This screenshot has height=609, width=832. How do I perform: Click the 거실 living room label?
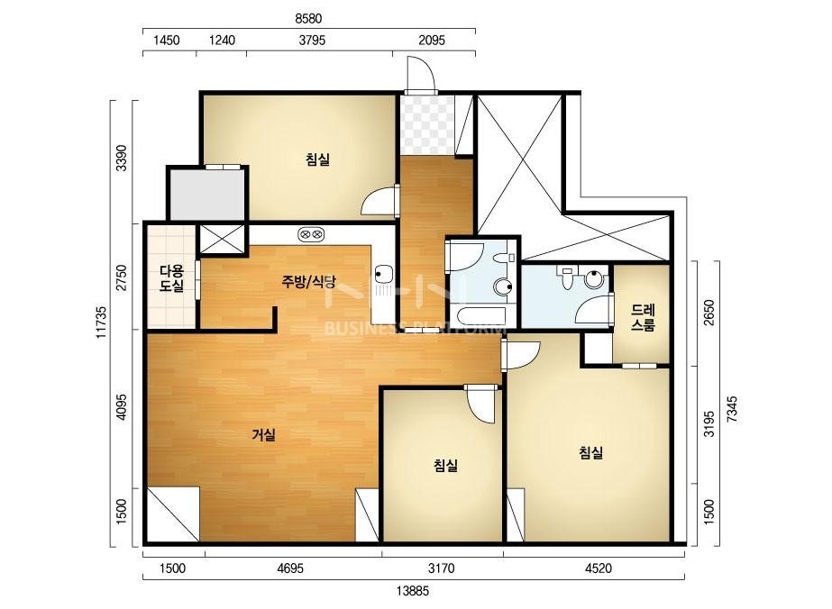tap(264, 435)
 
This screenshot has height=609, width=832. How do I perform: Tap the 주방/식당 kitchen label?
tap(308, 281)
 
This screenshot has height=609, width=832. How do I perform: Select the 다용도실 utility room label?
tap(172, 279)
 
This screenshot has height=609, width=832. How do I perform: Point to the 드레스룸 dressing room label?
tap(643, 317)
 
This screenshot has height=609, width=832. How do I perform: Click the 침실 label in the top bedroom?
tap(318, 159)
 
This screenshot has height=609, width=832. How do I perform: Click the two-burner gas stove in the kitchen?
tap(311, 233)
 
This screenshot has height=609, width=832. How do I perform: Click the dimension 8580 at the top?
tap(308, 19)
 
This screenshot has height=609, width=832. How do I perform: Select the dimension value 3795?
tap(312, 41)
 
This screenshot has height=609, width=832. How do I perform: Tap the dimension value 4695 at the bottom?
tap(290, 568)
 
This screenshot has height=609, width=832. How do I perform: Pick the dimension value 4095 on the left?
tap(122, 406)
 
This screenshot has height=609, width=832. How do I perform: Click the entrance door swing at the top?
tap(421, 74)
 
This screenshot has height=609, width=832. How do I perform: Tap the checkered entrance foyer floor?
tap(427, 125)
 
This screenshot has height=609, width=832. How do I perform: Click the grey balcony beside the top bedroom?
tap(207, 195)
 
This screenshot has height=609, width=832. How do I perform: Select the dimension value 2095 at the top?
tap(432, 41)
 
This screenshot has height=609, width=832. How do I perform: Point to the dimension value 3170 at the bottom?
tap(442, 568)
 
